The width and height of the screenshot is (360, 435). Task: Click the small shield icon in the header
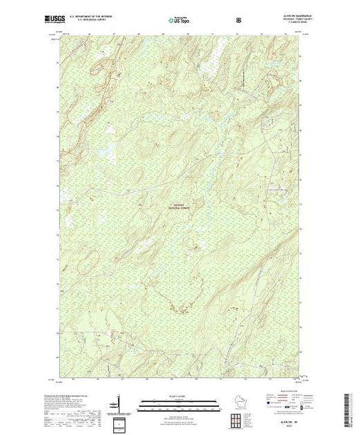click(239, 20)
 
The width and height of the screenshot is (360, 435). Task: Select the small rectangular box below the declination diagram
click(117, 422)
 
